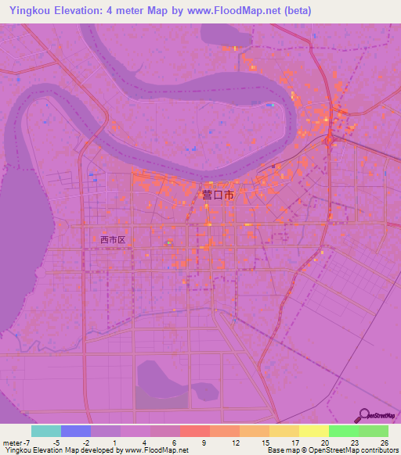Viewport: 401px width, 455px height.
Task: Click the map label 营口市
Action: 218,195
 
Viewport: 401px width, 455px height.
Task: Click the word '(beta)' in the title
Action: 298,11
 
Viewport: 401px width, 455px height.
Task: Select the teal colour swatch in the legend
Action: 45,431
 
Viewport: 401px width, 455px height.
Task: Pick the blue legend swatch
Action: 75,431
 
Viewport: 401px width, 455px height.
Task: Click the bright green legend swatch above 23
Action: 343,431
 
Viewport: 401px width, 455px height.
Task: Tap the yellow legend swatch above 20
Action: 313,431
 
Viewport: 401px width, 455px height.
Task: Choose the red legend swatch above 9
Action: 194,431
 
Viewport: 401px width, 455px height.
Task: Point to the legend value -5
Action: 55,442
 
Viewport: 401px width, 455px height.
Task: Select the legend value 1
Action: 114,442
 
